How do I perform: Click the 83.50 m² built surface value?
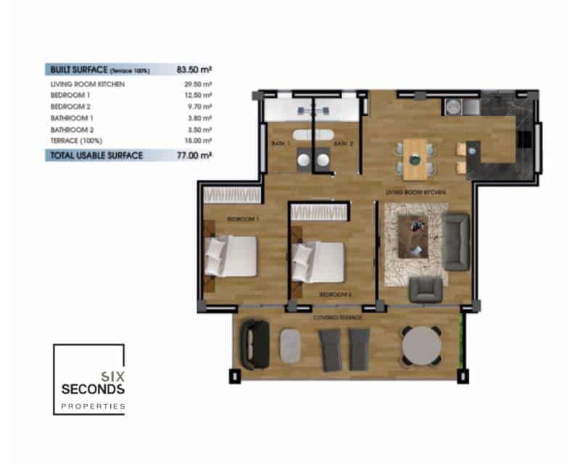(x=194, y=70)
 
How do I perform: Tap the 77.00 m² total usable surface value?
(x=194, y=154)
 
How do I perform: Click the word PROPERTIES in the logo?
(x=93, y=406)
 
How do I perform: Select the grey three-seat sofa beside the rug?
(x=456, y=239)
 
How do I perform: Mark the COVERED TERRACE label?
(x=337, y=318)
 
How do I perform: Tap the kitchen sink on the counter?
(x=452, y=106)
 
